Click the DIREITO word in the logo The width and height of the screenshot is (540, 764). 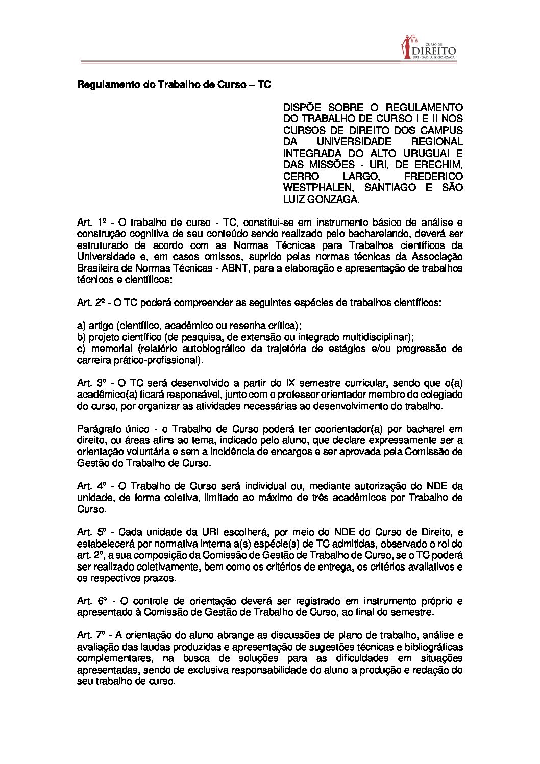click(x=433, y=51)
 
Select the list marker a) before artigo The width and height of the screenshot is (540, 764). click(x=81, y=325)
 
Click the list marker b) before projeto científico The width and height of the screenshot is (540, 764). click(x=81, y=337)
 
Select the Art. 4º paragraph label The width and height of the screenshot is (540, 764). click(x=91, y=486)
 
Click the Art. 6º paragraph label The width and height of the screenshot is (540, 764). click(x=91, y=601)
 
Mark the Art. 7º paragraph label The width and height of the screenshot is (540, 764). click(x=91, y=635)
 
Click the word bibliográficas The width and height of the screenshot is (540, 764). click(x=431, y=647)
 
